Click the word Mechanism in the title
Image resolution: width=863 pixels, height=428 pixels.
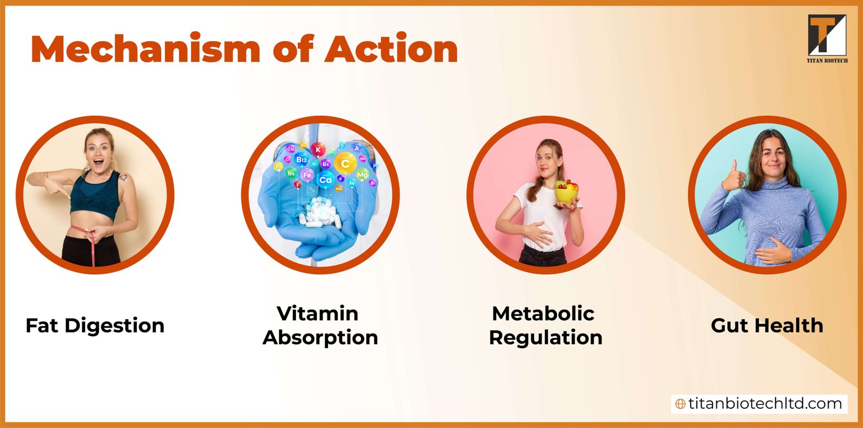tap(146, 49)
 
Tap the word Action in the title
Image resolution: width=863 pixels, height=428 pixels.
tap(391, 49)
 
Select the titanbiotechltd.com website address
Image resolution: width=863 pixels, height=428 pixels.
tap(765, 404)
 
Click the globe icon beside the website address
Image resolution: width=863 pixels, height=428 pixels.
tap(680, 404)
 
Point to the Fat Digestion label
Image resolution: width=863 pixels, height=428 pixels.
tap(95, 325)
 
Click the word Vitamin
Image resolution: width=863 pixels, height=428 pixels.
tap(317, 313)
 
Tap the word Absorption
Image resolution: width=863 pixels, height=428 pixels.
tap(320, 337)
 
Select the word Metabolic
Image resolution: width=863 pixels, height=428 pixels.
tap(543, 313)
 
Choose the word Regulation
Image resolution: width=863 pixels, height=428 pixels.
tap(545, 337)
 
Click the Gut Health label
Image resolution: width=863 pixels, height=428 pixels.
tap(767, 325)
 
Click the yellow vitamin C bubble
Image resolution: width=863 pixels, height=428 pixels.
tap(345, 163)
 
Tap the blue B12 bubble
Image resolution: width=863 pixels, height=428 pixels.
tap(302, 160)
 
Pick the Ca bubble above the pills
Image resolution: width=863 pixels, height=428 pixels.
tap(325, 180)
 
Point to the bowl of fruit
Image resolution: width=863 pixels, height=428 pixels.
tap(566, 193)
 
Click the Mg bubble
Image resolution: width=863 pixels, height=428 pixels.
tap(362, 174)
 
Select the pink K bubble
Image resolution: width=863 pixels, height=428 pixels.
tap(318, 150)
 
